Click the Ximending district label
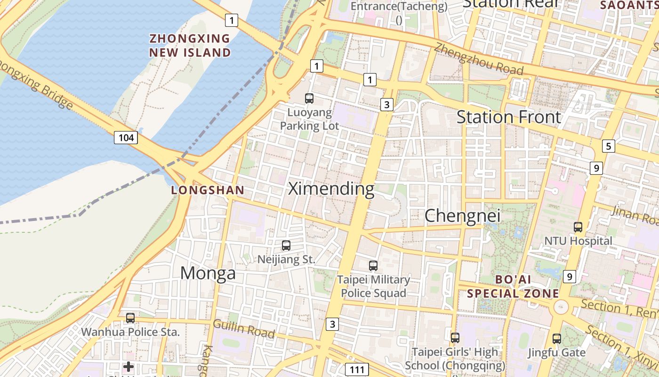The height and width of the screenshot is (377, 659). click(x=331, y=188)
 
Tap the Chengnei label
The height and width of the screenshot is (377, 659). click(x=462, y=216)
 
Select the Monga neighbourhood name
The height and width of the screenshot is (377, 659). click(x=208, y=273)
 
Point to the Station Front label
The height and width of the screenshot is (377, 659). click(x=509, y=117)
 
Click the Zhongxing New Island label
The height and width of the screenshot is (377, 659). click(x=190, y=45)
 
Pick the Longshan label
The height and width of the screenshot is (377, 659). click(x=208, y=190)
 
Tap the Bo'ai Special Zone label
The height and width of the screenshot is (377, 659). click(x=513, y=286)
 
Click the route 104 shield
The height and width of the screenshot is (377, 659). click(x=126, y=138)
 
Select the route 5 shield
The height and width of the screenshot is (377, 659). click(x=608, y=146)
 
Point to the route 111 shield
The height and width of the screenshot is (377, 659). click(x=356, y=369)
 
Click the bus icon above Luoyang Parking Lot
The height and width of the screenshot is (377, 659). click(x=309, y=98)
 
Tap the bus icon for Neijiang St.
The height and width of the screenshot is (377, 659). click(x=286, y=245)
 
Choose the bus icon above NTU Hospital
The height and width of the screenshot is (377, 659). click(x=578, y=227)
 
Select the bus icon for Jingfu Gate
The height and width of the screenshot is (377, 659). click(x=557, y=338)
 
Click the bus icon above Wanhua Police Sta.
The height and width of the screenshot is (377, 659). click(x=130, y=318)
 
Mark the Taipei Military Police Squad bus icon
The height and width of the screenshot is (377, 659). click(x=373, y=266)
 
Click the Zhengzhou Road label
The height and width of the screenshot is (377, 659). click(x=478, y=59)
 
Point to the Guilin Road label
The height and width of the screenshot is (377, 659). click(x=243, y=328)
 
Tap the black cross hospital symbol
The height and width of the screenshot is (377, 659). click(x=129, y=367)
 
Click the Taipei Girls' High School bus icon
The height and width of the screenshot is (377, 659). click(x=455, y=337)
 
